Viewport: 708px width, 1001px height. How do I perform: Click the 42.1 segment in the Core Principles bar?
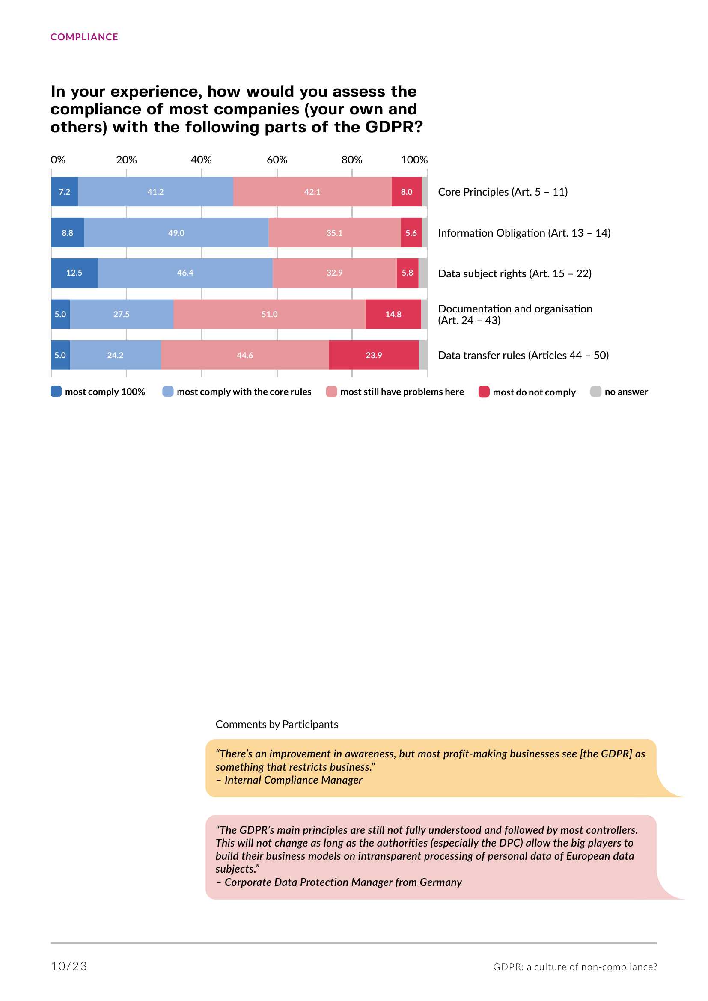(312, 192)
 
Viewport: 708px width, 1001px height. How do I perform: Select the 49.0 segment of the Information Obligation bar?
(176, 233)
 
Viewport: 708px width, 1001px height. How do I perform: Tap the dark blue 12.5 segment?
(74, 273)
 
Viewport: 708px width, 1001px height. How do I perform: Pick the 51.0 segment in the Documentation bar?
(269, 315)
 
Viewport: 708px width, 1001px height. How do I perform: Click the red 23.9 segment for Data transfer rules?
(374, 355)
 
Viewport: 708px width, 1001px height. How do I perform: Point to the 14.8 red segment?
(393, 315)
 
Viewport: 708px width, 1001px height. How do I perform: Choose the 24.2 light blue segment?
(115, 355)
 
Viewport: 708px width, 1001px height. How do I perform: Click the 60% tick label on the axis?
(277, 160)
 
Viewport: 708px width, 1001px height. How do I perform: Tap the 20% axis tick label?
(126, 160)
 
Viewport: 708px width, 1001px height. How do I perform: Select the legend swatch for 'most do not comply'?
(484, 392)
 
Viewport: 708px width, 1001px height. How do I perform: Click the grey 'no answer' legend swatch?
(595, 392)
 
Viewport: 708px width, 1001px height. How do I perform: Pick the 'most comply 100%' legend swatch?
(56, 392)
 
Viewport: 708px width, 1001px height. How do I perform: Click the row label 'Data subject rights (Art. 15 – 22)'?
(515, 274)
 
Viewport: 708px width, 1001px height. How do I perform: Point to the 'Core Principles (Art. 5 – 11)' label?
(503, 192)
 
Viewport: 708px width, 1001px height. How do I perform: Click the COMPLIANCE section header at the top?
(84, 37)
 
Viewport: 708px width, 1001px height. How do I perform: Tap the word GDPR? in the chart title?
(394, 127)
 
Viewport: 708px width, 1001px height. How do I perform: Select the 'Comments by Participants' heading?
(277, 725)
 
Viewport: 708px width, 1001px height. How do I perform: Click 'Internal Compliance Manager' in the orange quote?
(293, 780)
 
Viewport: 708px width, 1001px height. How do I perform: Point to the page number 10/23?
(69, 967)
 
